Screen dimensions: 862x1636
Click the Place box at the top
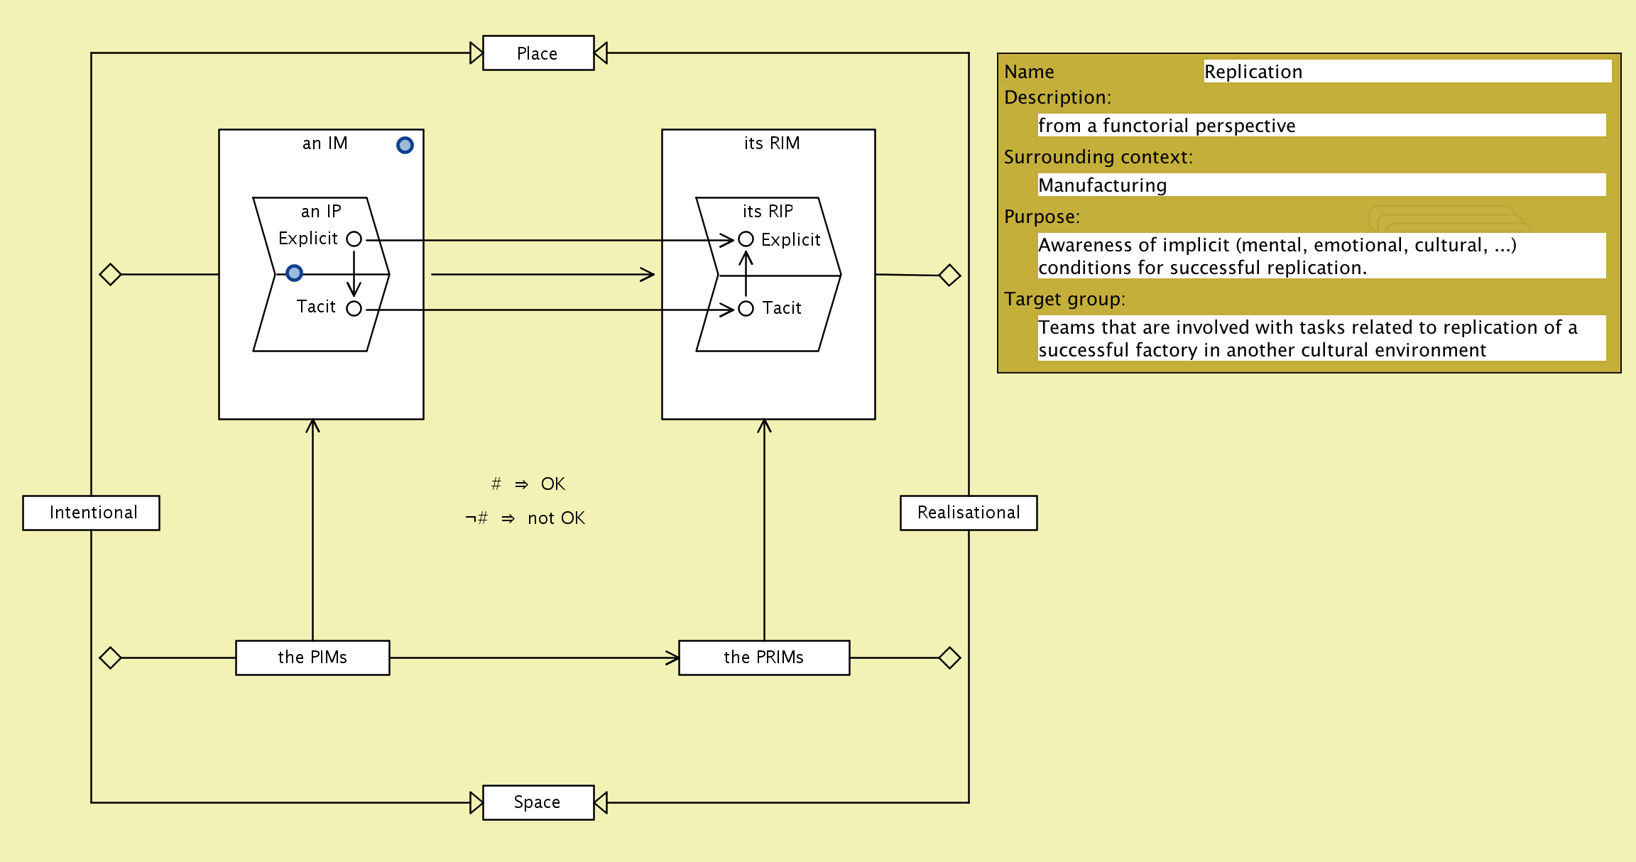click(538, 53)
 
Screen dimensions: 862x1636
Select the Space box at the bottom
click(538, 802)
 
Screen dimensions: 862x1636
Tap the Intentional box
click(91, 513)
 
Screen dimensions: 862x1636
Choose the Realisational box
click(968, 513)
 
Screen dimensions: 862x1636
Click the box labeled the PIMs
click(312, 658)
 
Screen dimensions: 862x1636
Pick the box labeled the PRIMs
click(763, 658)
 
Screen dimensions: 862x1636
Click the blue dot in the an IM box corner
click(405, 146)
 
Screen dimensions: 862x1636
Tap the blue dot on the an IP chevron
click(294, 273)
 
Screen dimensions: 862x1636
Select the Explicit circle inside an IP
click(354, 239)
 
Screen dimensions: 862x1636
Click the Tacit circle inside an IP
click(354, 309)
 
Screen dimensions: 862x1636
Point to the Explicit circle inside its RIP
click(746, 239)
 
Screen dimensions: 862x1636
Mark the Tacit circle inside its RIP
click(746, 309)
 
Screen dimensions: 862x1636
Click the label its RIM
click(771, 143)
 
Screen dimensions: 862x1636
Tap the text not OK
click(556, 518)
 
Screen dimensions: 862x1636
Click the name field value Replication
click(1253, 72)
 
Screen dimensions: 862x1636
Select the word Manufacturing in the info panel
click(1102, 185)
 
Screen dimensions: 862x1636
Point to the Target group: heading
click(1064, 299)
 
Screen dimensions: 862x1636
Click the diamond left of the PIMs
click(110, 658)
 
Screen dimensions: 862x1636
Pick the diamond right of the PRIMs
click(949, 658)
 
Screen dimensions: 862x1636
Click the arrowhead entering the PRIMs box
click(672, 658)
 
